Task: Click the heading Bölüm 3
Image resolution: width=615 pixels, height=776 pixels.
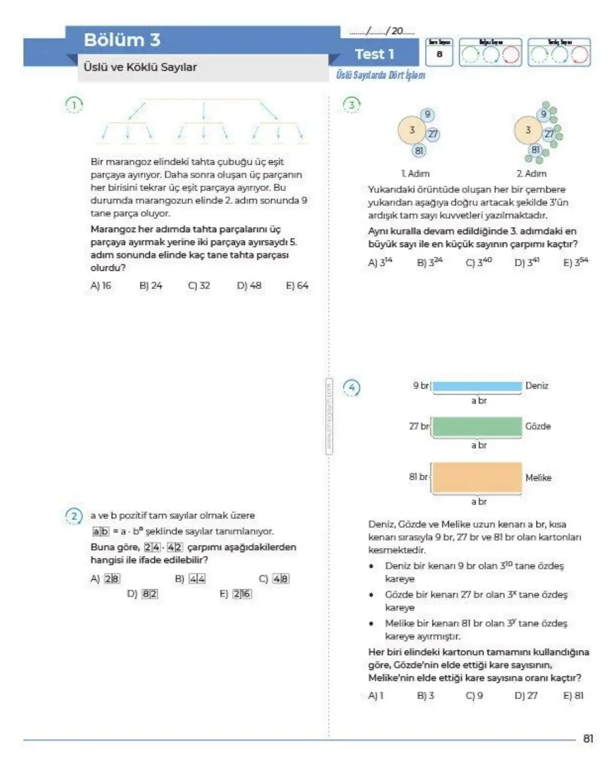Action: click(122, 40)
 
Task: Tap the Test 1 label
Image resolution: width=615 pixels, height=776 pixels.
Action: click(374, 54)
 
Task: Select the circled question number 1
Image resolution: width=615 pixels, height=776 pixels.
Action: click(74, 104)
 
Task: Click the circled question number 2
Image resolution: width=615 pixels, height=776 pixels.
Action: click(74, 516)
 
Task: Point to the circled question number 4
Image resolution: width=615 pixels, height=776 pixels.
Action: click(352, 387)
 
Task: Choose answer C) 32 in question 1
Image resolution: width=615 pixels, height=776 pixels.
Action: click(199, 286)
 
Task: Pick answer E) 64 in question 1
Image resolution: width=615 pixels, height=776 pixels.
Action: click(297, 286)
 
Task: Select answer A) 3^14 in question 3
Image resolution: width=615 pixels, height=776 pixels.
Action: click(380, 262)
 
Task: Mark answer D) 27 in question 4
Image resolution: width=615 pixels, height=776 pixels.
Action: click(525, 695)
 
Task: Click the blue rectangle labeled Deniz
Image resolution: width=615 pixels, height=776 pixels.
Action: click(477, 386)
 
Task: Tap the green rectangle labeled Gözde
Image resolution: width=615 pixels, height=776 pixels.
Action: click(477, 427)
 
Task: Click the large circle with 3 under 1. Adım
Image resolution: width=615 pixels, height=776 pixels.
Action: click(411, 130)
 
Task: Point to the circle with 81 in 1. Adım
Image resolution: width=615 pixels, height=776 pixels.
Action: click(419, 150)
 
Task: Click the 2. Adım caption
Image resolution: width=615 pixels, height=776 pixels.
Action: click(531, 174)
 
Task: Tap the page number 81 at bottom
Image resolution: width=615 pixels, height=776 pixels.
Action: click(588, 738)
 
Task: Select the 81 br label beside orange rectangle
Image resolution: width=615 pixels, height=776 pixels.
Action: click(419, 476)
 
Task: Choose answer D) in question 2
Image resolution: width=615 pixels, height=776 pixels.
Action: click(142, 594)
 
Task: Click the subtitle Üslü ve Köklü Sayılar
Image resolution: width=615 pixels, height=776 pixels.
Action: click(140, 67)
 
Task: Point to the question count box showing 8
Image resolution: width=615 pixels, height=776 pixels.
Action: click(439, 54)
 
